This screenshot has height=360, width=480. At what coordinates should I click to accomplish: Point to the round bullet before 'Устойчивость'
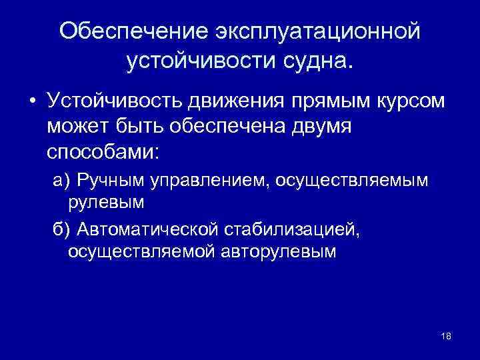click(31, 101)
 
